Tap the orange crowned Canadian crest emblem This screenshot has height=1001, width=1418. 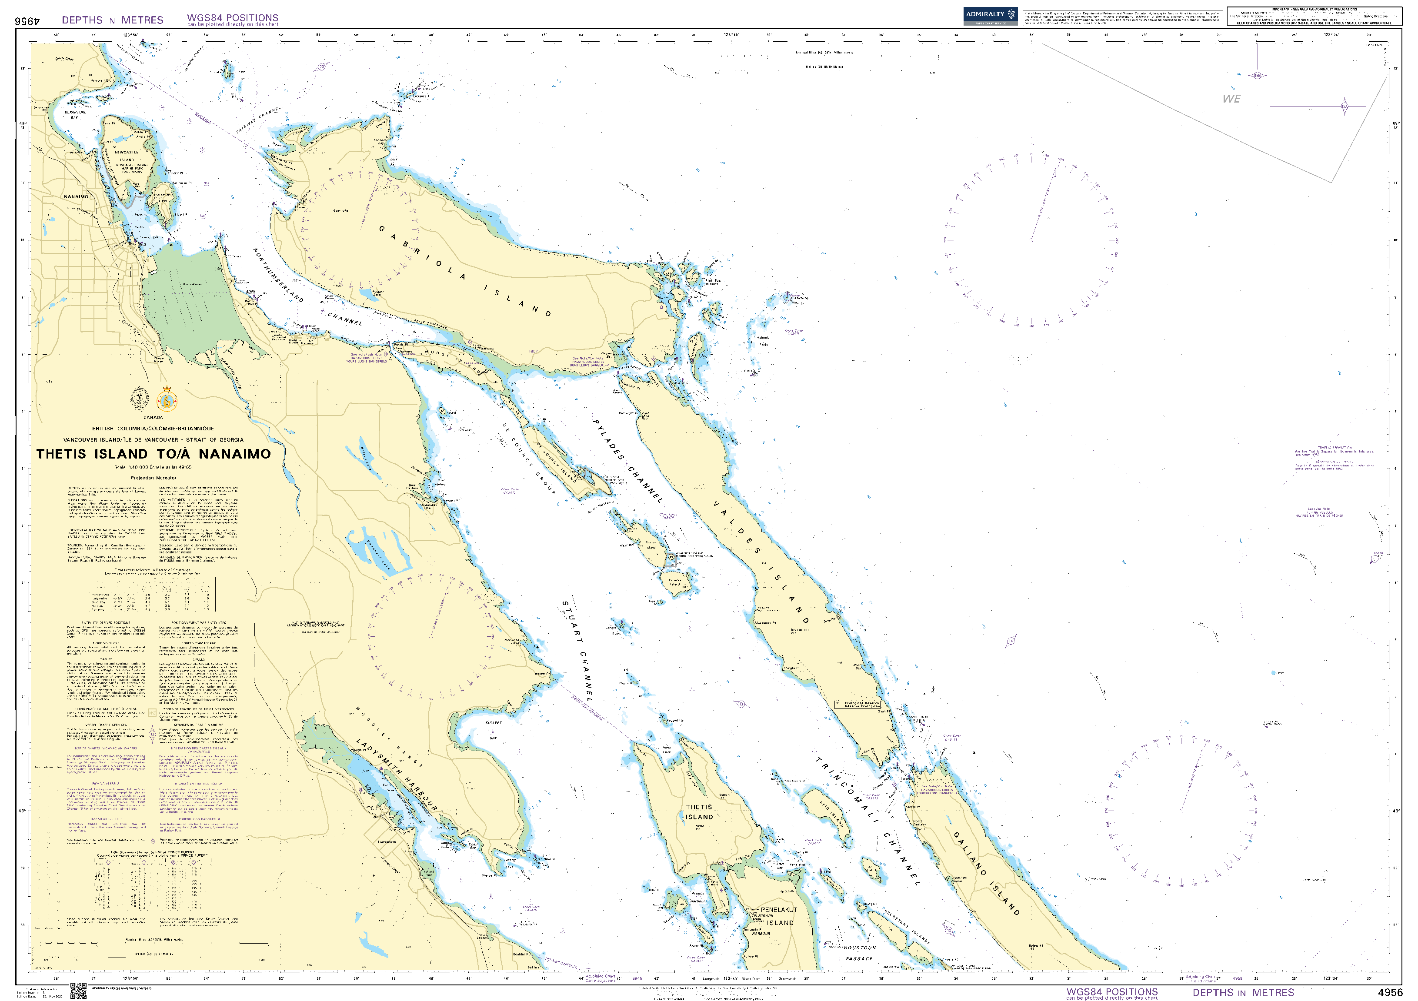tap(167, 401)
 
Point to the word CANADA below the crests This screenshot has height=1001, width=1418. tap(153, 417)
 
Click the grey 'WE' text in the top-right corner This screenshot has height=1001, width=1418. tap(1231, 99)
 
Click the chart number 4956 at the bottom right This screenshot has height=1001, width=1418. tap(1390, 992)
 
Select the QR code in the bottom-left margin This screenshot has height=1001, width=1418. tap(78, 991)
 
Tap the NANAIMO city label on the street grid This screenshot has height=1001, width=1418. tap(76, 196)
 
